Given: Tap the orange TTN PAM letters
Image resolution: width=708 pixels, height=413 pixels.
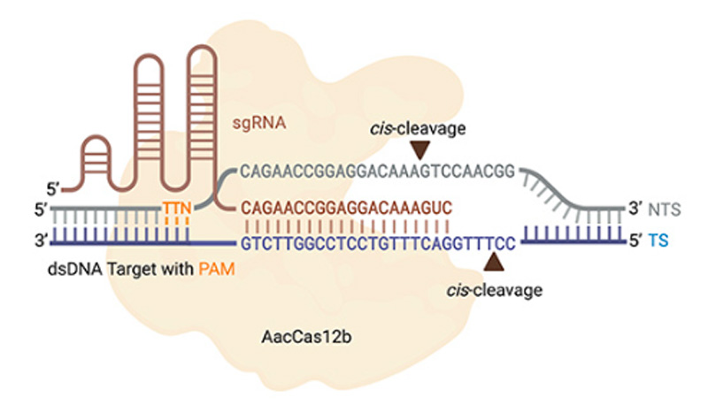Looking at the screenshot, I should coord(178,208).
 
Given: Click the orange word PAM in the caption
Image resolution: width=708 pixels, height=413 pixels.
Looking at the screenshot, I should coord(212,270).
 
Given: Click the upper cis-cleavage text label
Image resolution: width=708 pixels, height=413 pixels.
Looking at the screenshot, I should coord(419,128).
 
